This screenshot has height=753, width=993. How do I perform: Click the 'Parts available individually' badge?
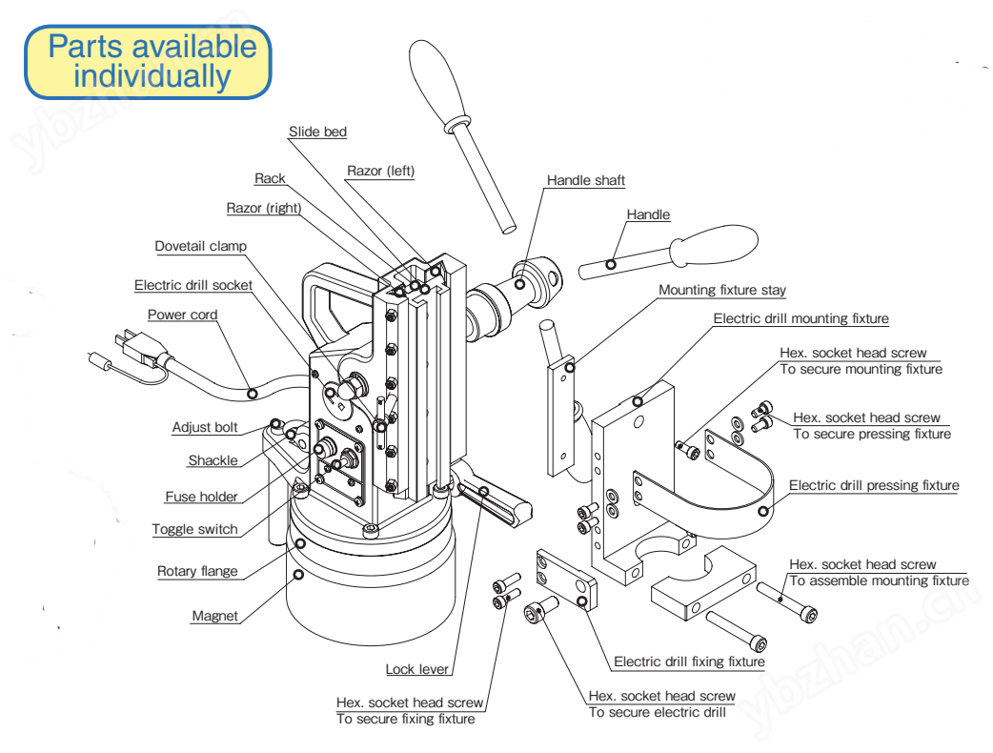[x=148, y=62]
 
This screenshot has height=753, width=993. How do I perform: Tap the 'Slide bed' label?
[x=317, y=132]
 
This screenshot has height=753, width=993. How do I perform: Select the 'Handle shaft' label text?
[x=585, y=180]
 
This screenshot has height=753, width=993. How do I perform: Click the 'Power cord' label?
[x=182, y=315]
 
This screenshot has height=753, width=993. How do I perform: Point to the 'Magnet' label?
[x=214, y=616]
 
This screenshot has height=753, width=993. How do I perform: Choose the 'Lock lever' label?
[x=416, y=669]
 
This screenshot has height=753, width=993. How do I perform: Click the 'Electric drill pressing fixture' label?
[x=873, y=485]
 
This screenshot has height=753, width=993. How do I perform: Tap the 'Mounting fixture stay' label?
[x=722, y=290]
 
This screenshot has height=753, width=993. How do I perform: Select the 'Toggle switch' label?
[x=194, y=529]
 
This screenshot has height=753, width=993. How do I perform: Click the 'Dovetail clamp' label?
[x=200, y=246]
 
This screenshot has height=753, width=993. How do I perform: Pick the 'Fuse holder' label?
[x=201, y=497]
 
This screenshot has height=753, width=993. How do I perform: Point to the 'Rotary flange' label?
[x=197, y=571]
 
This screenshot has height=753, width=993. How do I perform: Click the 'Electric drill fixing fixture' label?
[x=688, y=661]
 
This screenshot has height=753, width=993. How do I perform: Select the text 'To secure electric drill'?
[x=657, y=712]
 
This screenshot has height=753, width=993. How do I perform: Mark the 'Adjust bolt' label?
[x=205, y=427]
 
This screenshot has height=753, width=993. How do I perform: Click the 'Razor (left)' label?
[x=380, y=171]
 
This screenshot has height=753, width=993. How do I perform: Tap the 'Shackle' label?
[x=213, y=460]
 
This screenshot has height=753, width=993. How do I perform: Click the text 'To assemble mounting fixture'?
[x=879, y=580]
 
